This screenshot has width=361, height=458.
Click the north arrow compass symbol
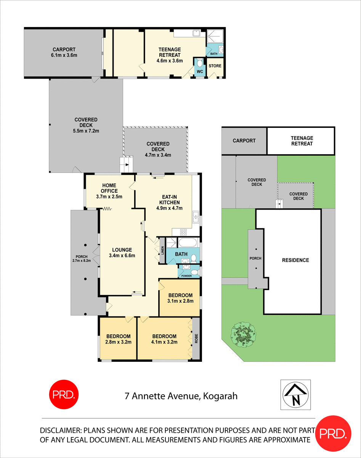click(295, 395)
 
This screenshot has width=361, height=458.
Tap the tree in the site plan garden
click(243, 332)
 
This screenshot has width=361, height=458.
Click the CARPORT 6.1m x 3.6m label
click(64, 52)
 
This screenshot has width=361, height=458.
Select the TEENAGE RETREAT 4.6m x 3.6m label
click(170, 55)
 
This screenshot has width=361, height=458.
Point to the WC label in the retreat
click(199, 71)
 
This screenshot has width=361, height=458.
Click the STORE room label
click(215, 66)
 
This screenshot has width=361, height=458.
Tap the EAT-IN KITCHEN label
click(168, 203)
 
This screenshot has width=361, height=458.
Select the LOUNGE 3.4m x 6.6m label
click(122, 253)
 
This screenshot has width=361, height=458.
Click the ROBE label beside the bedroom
click(197, 339)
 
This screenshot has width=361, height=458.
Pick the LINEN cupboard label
click(162, 250)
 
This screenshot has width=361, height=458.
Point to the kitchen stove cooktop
click(183, 232)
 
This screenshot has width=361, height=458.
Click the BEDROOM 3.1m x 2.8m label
click(181, 298)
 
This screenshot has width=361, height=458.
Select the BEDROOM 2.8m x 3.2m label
click(118, 339)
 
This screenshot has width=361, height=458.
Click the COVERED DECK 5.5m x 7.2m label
click(86, 126)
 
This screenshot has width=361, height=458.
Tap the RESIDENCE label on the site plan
click(295, 260)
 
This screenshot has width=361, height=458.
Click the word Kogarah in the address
click(220, 396)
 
